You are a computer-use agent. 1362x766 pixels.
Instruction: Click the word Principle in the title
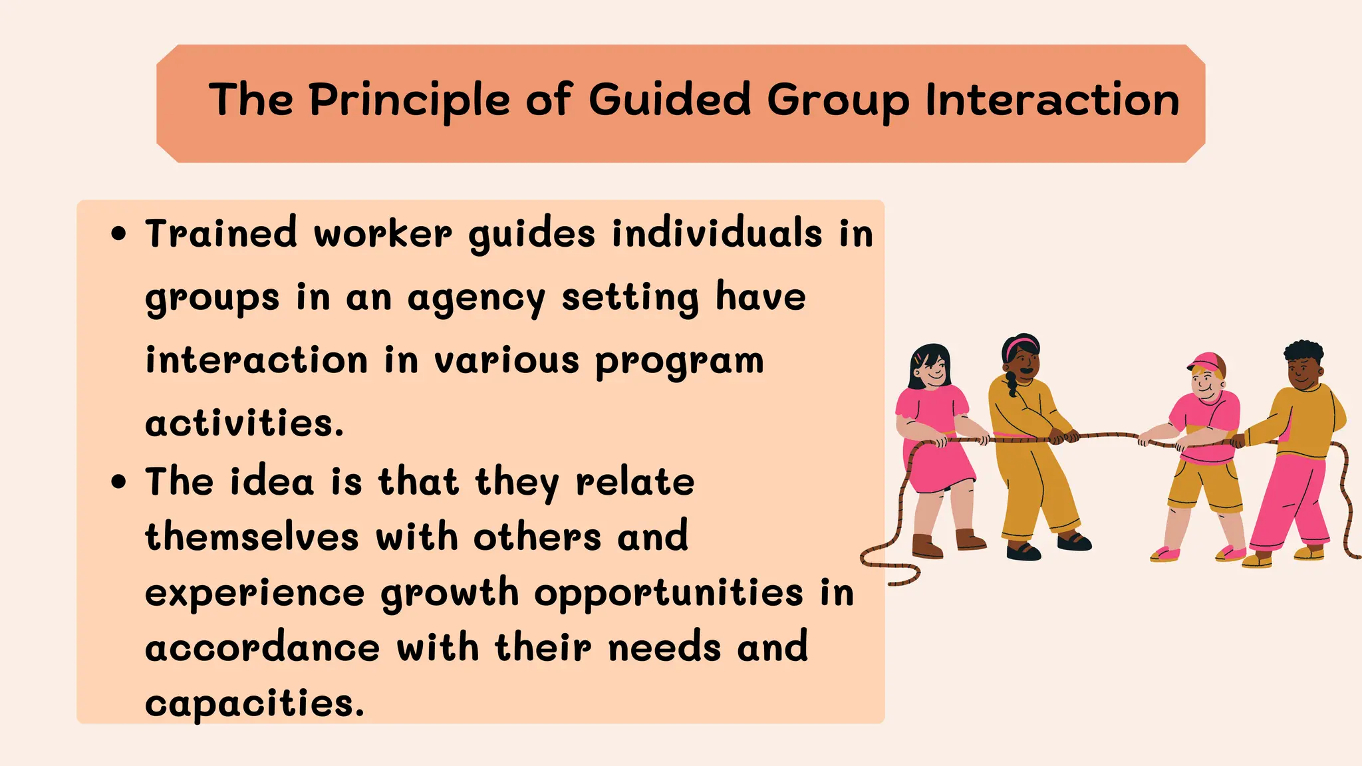410,101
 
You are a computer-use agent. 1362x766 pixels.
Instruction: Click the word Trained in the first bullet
221,234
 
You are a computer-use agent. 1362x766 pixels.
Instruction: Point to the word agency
476,299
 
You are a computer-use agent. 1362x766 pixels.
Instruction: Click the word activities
245,423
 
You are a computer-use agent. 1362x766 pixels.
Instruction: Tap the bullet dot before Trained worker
119,234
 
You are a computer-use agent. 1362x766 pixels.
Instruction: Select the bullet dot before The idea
119,481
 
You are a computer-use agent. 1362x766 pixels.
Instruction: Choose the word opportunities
669,593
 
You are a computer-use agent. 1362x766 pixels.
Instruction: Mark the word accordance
263,648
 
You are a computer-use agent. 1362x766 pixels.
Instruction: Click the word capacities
255,703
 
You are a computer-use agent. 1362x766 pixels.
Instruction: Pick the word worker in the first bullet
382,234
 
